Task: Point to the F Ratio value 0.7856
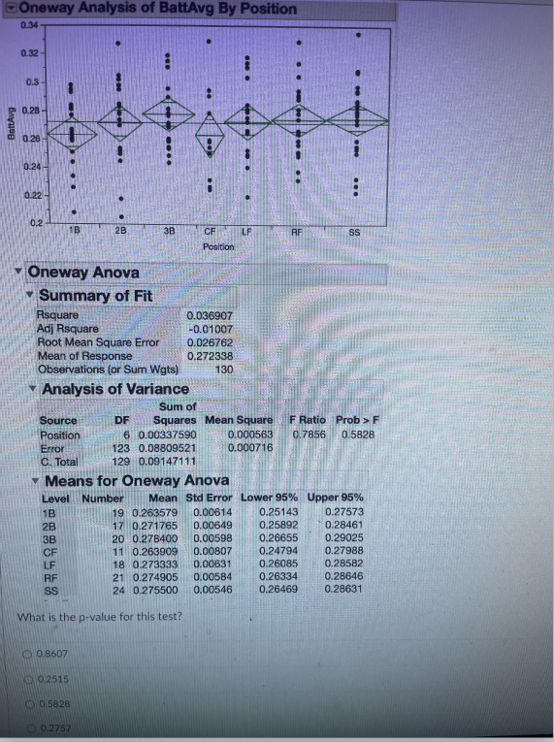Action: click(310, 435)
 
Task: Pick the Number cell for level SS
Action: click(117, 588)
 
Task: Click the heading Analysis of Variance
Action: click(115, 389)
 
